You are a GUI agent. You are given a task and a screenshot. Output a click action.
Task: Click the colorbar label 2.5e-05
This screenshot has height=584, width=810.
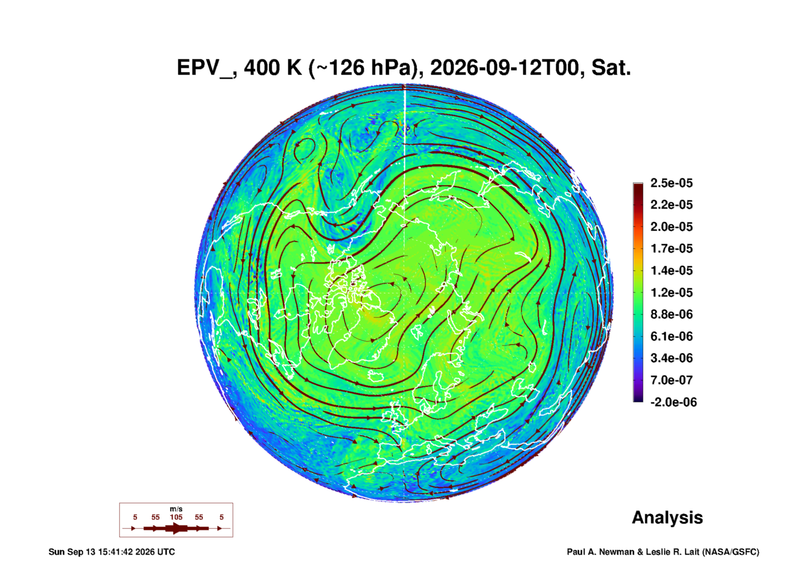click(x=672, y=183)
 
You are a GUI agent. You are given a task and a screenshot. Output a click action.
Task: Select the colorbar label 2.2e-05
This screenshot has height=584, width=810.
click(x=672, y=205)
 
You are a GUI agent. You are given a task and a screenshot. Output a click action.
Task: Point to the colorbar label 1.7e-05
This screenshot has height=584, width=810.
click(x=672, y=248)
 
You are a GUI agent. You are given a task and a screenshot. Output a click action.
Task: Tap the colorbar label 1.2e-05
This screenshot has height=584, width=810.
click(x=672, y=292)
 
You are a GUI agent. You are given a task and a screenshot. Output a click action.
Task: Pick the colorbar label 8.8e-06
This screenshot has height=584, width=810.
click(x=672, y=314)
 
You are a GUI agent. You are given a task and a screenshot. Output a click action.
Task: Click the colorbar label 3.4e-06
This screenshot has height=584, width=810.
click(x=672, y=358)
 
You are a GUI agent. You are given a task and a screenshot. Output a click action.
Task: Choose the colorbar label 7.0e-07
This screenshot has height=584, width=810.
click(x=672, y=380)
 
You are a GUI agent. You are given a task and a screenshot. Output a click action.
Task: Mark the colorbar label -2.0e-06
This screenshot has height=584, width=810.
click(x=673, y=402)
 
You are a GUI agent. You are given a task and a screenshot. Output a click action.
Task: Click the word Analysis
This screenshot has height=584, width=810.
click(x=667, y=518)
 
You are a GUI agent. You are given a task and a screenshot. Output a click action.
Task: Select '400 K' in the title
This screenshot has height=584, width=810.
click(x=273, y=68)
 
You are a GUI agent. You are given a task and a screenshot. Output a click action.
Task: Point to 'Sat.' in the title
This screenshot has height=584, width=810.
click(x=611, y=68)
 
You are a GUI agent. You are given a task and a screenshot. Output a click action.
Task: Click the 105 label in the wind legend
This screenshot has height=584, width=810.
click(x=176, y=517)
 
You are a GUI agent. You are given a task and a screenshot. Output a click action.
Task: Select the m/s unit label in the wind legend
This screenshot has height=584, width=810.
click(x=176, y=509)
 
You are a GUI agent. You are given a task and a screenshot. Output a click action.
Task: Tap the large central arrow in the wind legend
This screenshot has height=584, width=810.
click(x=176, y=529)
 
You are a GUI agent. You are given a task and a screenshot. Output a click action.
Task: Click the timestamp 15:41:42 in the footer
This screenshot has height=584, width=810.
click(x=115, y=552)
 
